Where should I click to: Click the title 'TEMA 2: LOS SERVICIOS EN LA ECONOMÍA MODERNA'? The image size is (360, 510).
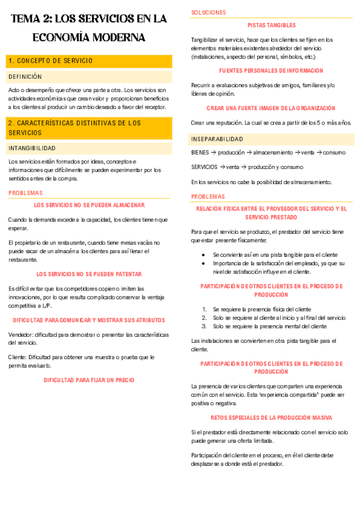coord(89,28)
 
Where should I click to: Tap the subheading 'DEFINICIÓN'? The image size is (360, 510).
coord(25,77)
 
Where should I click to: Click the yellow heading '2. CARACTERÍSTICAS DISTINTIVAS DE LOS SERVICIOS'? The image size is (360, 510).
coord(75,127)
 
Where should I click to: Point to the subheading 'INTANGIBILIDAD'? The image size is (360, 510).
coord(32,148)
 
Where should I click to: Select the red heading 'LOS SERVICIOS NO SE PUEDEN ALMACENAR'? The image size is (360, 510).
coord(89,205)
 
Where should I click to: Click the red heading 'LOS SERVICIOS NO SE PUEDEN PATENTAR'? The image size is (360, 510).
coord(89,274)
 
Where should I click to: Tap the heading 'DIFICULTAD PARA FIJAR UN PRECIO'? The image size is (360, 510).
coord(89,380)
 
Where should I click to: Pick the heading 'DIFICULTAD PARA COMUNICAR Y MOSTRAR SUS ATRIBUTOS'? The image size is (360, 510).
coord(89,320)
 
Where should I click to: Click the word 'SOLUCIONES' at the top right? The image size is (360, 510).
coord(209,12)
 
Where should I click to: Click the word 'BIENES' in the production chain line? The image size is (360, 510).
coord(200,153)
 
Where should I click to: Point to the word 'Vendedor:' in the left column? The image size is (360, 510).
coord(22,334)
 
